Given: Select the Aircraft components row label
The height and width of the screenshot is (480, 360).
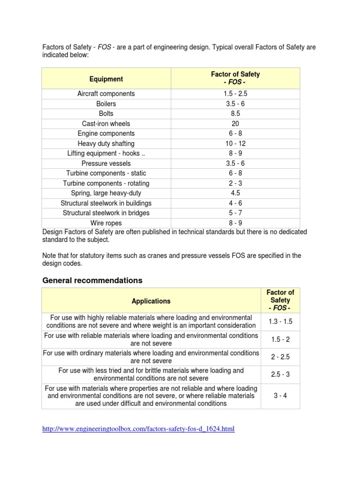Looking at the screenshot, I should (106, 94).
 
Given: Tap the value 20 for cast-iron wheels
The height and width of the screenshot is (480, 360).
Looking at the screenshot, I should (235, 124).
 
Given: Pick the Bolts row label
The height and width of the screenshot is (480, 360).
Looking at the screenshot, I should (106, 113).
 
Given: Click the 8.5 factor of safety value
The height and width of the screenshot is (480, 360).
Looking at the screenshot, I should (235, 113).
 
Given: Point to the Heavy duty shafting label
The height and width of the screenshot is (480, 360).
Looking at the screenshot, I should (106, 143).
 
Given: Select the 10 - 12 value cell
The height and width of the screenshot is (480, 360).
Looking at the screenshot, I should (235, 143).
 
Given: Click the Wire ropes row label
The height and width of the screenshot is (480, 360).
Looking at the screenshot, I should (106, 223).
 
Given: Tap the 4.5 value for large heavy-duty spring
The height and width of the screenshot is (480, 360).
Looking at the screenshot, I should (235, 193).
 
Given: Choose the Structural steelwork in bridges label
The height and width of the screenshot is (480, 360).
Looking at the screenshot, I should (106, 213).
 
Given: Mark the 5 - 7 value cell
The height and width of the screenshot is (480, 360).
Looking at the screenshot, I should (235, 213).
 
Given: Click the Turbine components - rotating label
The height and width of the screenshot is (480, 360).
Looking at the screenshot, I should (106, 183).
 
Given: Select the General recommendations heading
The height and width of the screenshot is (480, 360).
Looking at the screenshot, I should (92, 280).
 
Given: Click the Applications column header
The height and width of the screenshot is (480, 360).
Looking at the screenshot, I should (151, 301).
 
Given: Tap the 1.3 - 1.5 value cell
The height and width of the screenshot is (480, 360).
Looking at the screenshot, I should (280, 322).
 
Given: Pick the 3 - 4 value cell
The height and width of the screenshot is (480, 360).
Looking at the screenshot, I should (280, 396).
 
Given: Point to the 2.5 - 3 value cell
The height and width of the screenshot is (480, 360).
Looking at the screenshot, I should (280, 375).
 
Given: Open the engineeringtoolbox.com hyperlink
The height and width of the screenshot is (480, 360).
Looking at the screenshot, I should (138, 429).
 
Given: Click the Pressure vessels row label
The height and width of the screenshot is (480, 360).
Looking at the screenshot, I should (106, 164).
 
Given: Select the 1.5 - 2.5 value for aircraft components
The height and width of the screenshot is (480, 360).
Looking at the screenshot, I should (235, 94).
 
